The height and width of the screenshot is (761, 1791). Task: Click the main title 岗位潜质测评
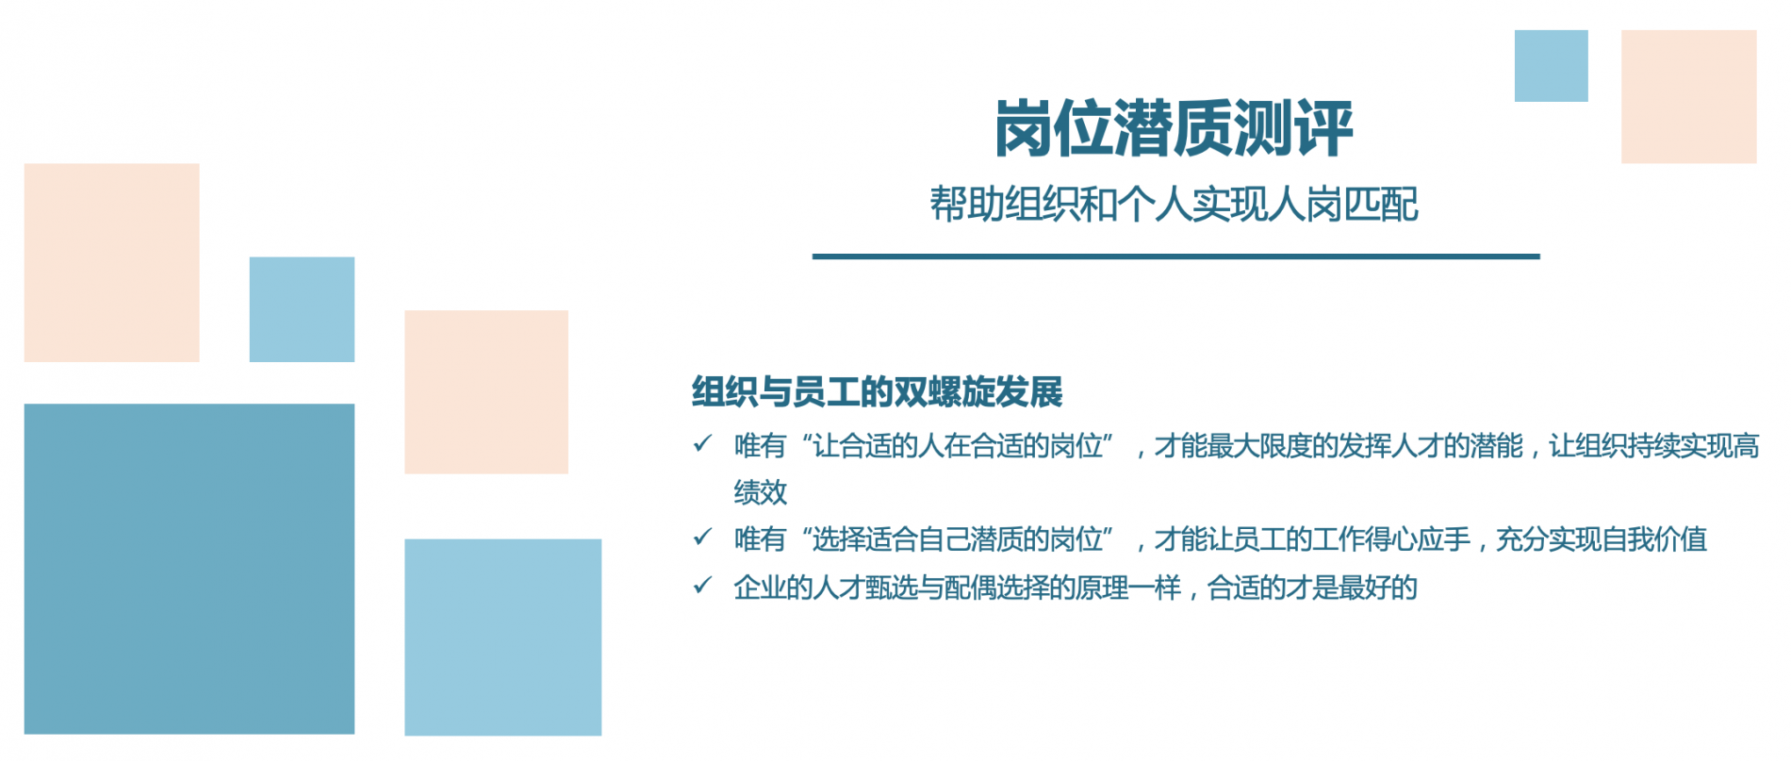pos(1174,128)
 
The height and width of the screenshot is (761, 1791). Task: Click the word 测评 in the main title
pos(1293,128)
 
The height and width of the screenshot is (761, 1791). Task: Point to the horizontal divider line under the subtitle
pos(1175,256)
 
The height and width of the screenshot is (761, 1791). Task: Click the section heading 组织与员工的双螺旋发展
pos(877,391)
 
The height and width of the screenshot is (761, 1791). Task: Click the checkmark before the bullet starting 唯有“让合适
pos(702,443)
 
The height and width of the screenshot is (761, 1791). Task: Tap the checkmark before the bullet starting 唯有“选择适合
pos(702,537)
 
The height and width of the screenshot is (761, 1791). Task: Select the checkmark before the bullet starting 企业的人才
pos(702,586)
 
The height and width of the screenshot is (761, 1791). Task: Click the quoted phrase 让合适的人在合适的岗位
pos(958,445)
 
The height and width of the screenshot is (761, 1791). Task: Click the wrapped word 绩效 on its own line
pos(761,491)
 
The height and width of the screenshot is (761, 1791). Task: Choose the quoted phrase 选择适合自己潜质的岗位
pos(958,539)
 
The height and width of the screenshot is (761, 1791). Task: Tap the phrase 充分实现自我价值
pos(1602,539)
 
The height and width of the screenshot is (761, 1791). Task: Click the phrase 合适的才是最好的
pos(1312,587)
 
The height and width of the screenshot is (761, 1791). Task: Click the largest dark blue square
pos(189,569)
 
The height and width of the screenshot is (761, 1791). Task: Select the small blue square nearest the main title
pos(1551,66)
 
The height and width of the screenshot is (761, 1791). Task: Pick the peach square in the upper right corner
pos(1688,96)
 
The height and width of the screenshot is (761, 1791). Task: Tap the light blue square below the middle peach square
pos(502,637)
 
